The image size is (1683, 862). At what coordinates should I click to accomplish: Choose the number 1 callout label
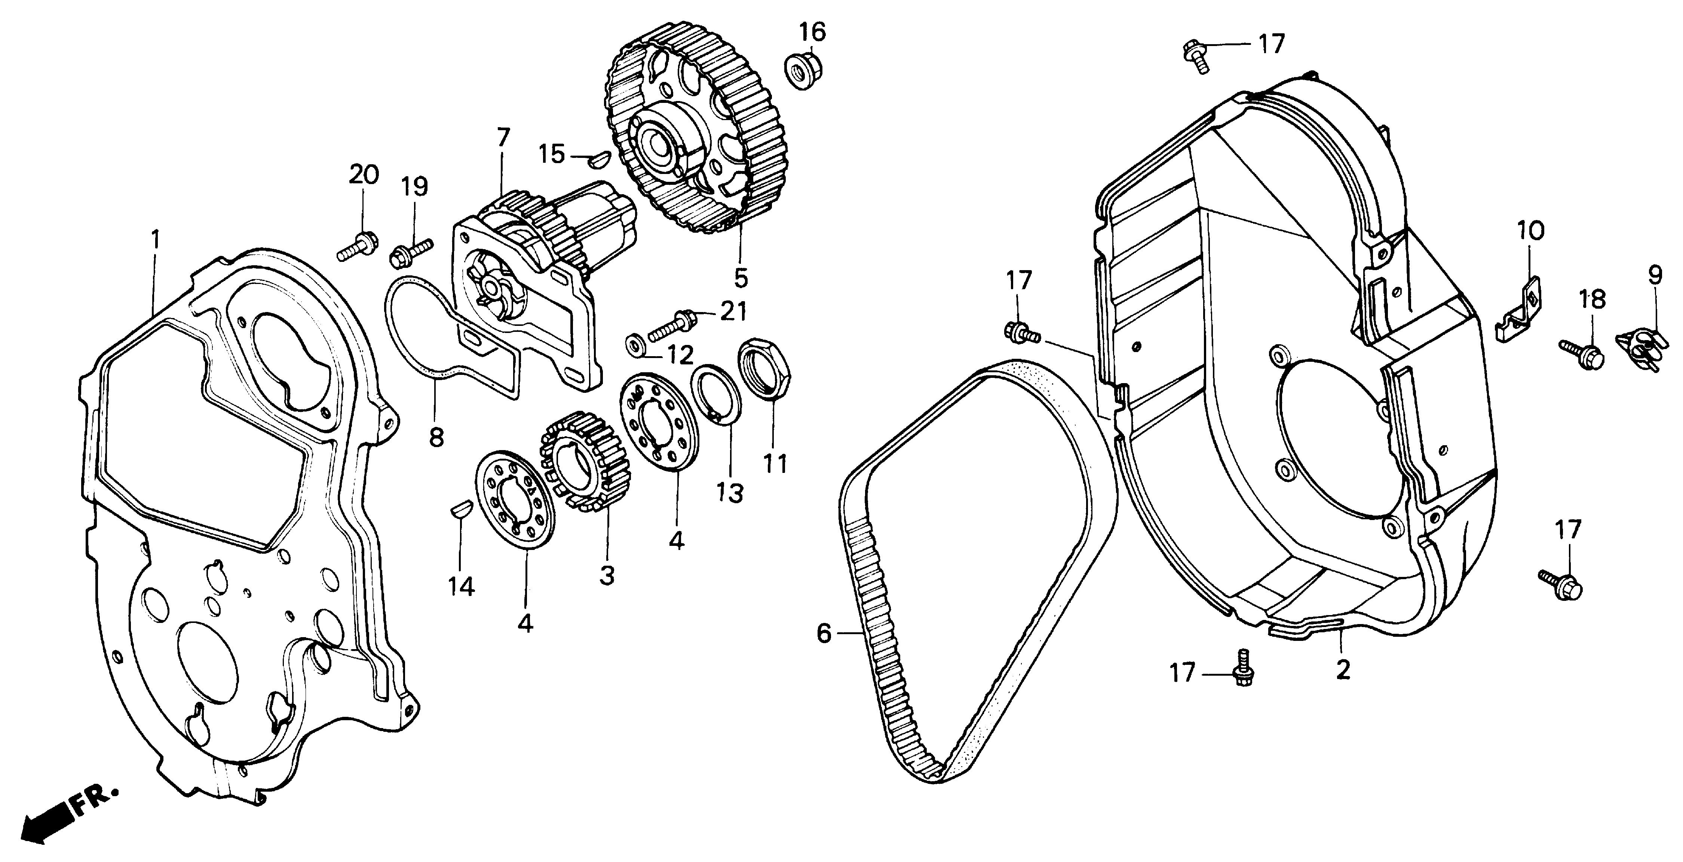(156, 240)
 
